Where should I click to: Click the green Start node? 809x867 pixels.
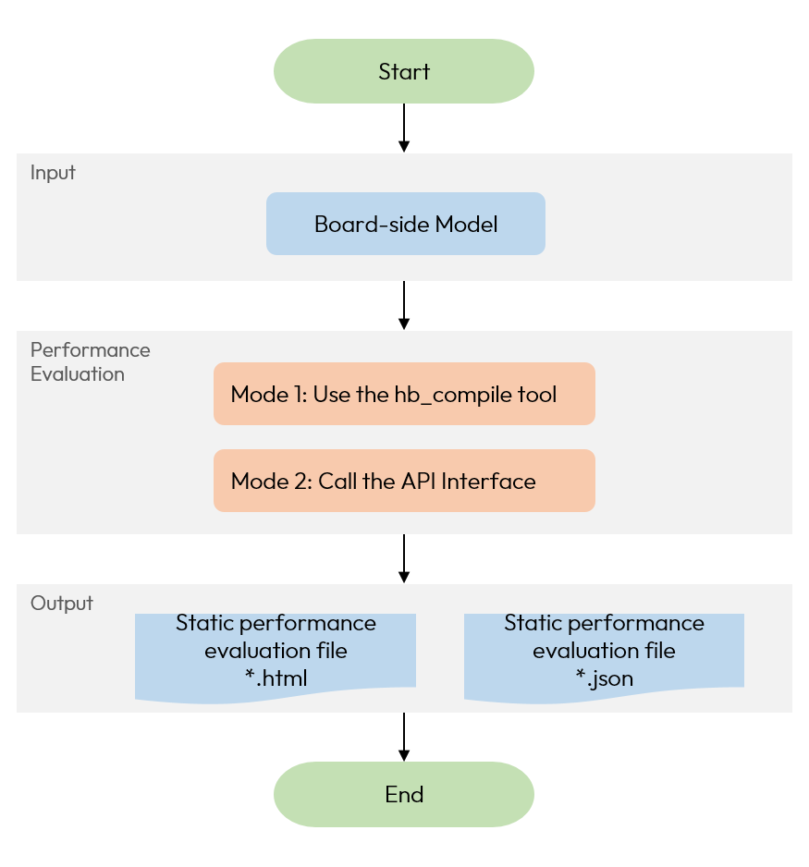click(x=404, y=71)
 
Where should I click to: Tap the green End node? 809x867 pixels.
click(x=404, y=794)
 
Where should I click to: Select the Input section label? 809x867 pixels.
click(x=53, y=173)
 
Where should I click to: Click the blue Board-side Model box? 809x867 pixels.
click(x=406, y=224)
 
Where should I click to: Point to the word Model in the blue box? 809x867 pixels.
click(x=466, y=224)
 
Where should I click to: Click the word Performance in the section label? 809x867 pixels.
click(x=90, y=350)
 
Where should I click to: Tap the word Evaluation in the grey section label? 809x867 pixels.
click(x=77, y=374)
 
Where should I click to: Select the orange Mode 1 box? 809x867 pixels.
click(x=404, y=394)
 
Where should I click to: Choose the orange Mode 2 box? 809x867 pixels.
click(x=404, y=481)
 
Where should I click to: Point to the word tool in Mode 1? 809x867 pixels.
click(x=539, y=395)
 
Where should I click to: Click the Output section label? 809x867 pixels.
click(x=62, y=604)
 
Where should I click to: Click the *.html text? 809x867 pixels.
click(x=276, y=678)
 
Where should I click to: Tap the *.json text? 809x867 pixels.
click(x=604, y=678)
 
